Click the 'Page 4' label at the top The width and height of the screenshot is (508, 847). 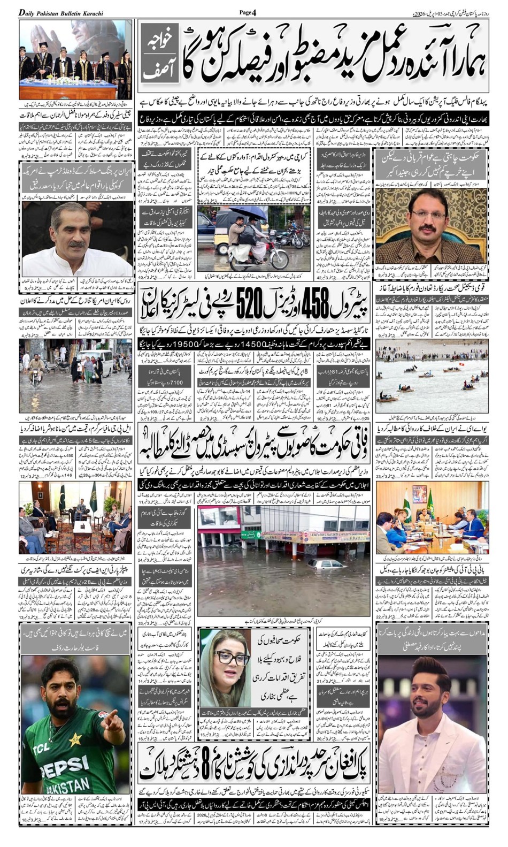point(248,12)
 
